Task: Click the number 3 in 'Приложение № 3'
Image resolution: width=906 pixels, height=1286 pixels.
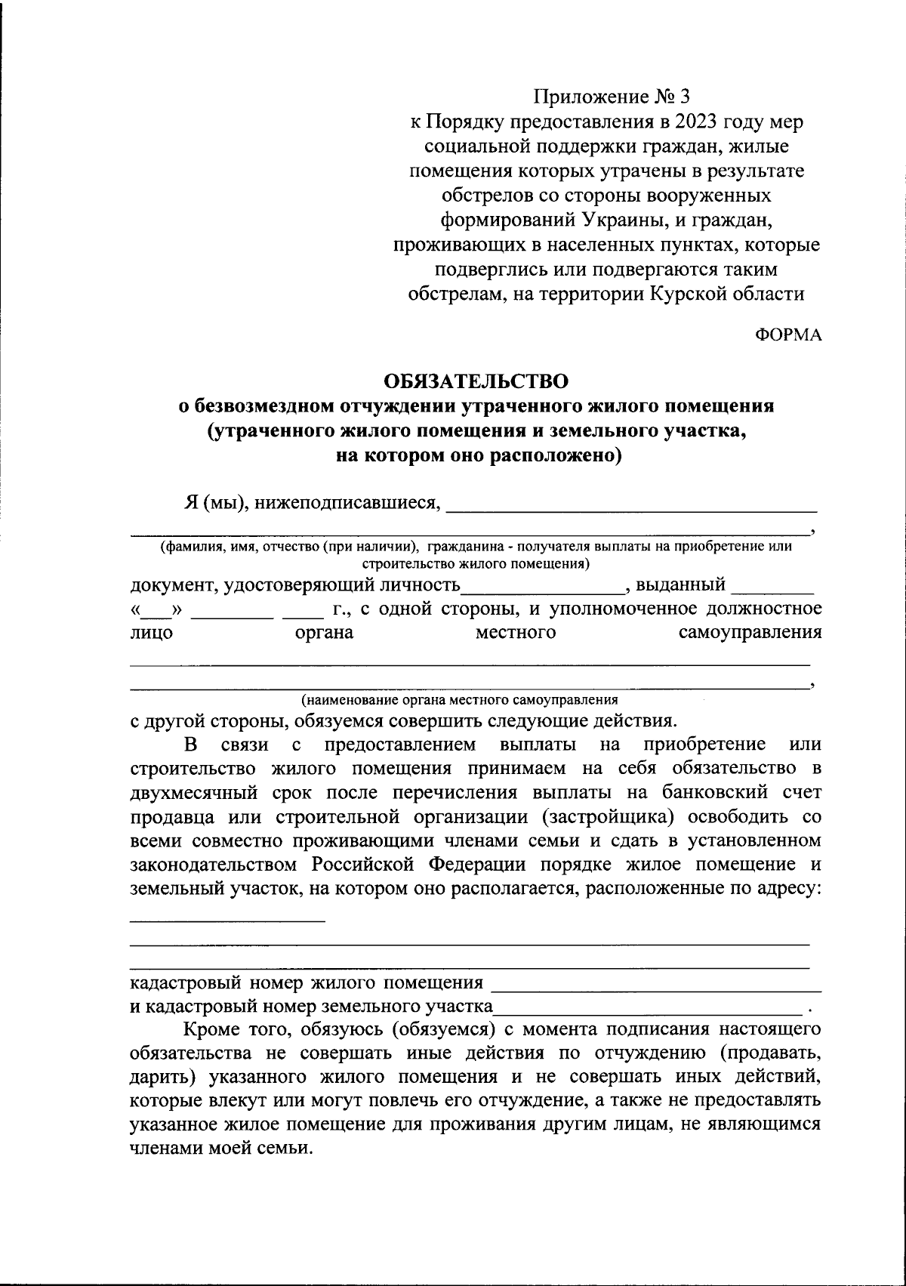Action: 685,97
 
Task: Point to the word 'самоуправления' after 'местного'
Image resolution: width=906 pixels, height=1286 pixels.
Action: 750,633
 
